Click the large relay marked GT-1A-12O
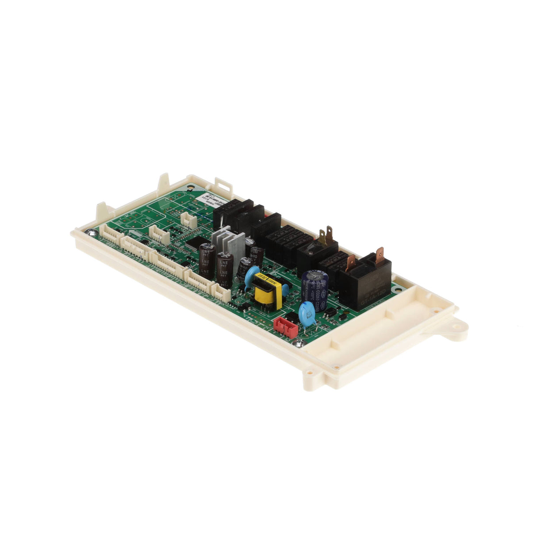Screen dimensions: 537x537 click(x=365, y=280)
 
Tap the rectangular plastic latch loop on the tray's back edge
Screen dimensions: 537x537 click(x=223, y=184)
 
